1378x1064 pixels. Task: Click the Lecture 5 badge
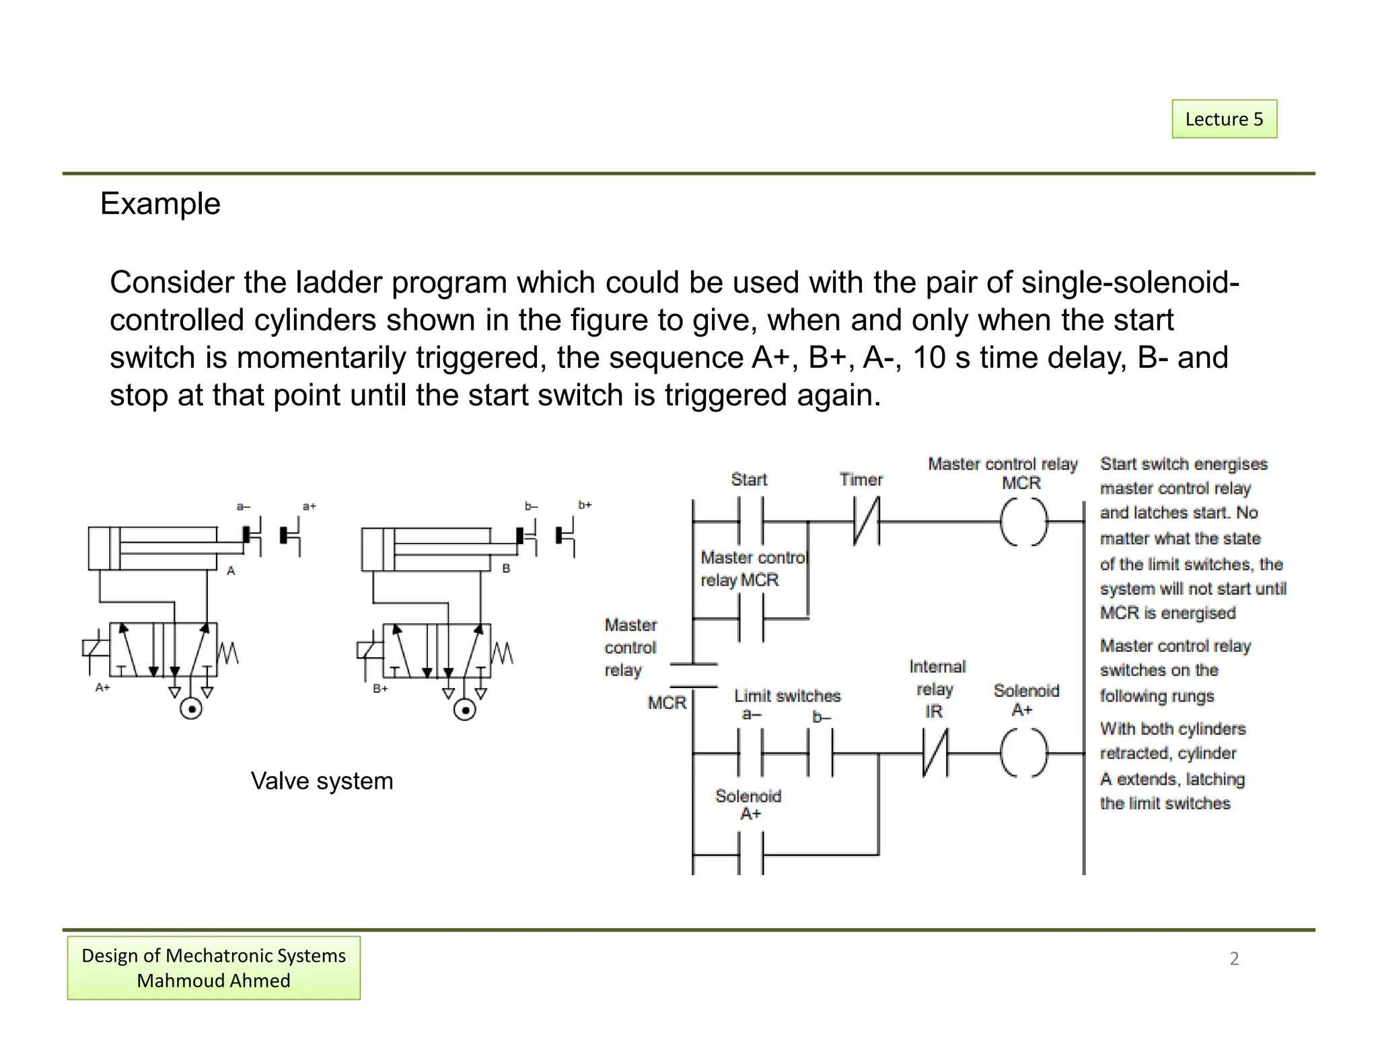[x=1224, y=119]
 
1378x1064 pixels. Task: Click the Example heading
[x=160, y=203]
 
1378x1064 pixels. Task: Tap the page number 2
[x=1234, y=958]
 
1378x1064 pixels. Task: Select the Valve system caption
[x=322, y=781]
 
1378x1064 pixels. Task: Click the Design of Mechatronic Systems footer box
[x=213, y=968]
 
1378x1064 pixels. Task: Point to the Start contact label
[x=748, y=480]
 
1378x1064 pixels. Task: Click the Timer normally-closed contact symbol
[x=867, y=521]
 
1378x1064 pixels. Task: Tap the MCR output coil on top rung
[x=1023, y=522]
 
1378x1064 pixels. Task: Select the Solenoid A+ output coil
[x=1023, y=753]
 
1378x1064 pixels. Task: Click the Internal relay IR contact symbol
[x=935, y=753]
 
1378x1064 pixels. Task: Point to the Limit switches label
[x=787, y=695]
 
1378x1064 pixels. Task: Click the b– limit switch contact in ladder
[x=821, y=753]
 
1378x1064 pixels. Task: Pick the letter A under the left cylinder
[x=231, y=570]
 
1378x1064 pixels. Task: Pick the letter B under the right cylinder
[x=506, y=568]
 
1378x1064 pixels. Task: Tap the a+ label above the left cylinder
[x=309, y=506]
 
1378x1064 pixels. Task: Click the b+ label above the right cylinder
[x=585, y=504]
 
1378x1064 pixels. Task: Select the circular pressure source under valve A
[x=191, y=709]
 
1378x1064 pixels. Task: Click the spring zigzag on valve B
[x=503, y=652]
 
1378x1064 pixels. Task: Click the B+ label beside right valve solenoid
[x=380, y=688]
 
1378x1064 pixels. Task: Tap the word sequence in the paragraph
[x=676, y=357]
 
